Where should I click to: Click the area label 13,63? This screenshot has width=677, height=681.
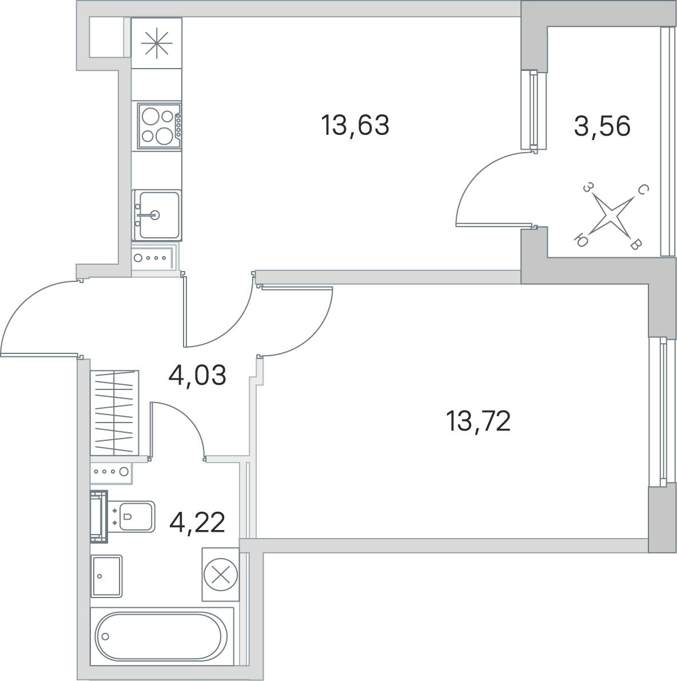355,125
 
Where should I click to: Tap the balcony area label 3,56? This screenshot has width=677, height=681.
602,126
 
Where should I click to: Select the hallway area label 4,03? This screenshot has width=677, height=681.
197,376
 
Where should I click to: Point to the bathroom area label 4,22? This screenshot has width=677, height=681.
197,523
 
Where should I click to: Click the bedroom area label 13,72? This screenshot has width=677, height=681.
478,421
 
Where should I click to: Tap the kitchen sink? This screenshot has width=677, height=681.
157,215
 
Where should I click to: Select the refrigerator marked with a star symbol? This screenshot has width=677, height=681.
156,43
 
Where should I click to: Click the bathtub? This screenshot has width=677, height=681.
162,636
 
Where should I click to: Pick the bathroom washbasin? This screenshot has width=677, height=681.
106,576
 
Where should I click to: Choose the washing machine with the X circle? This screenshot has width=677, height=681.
220,574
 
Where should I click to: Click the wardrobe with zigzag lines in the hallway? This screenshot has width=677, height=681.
114,413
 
